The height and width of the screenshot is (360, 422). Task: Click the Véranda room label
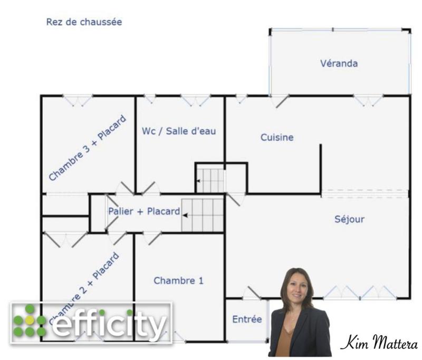coord(339,64)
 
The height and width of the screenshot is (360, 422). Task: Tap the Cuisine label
coord(277,138)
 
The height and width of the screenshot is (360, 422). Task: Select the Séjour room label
coord(349,219)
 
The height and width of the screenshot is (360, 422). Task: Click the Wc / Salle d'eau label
coord(179,131)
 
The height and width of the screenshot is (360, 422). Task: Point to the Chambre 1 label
coord(178,281)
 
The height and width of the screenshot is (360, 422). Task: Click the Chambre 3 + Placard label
coord(88,148)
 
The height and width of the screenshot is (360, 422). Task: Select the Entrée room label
coord(247,319)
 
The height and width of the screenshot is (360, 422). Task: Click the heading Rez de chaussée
coord(84,22)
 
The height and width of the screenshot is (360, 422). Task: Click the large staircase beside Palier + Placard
coord(203,215)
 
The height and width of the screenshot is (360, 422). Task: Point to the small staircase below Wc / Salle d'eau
coord(210,180)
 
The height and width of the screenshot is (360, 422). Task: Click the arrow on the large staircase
coord(186,215)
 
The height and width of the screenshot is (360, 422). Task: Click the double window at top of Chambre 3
coord(78,100)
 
